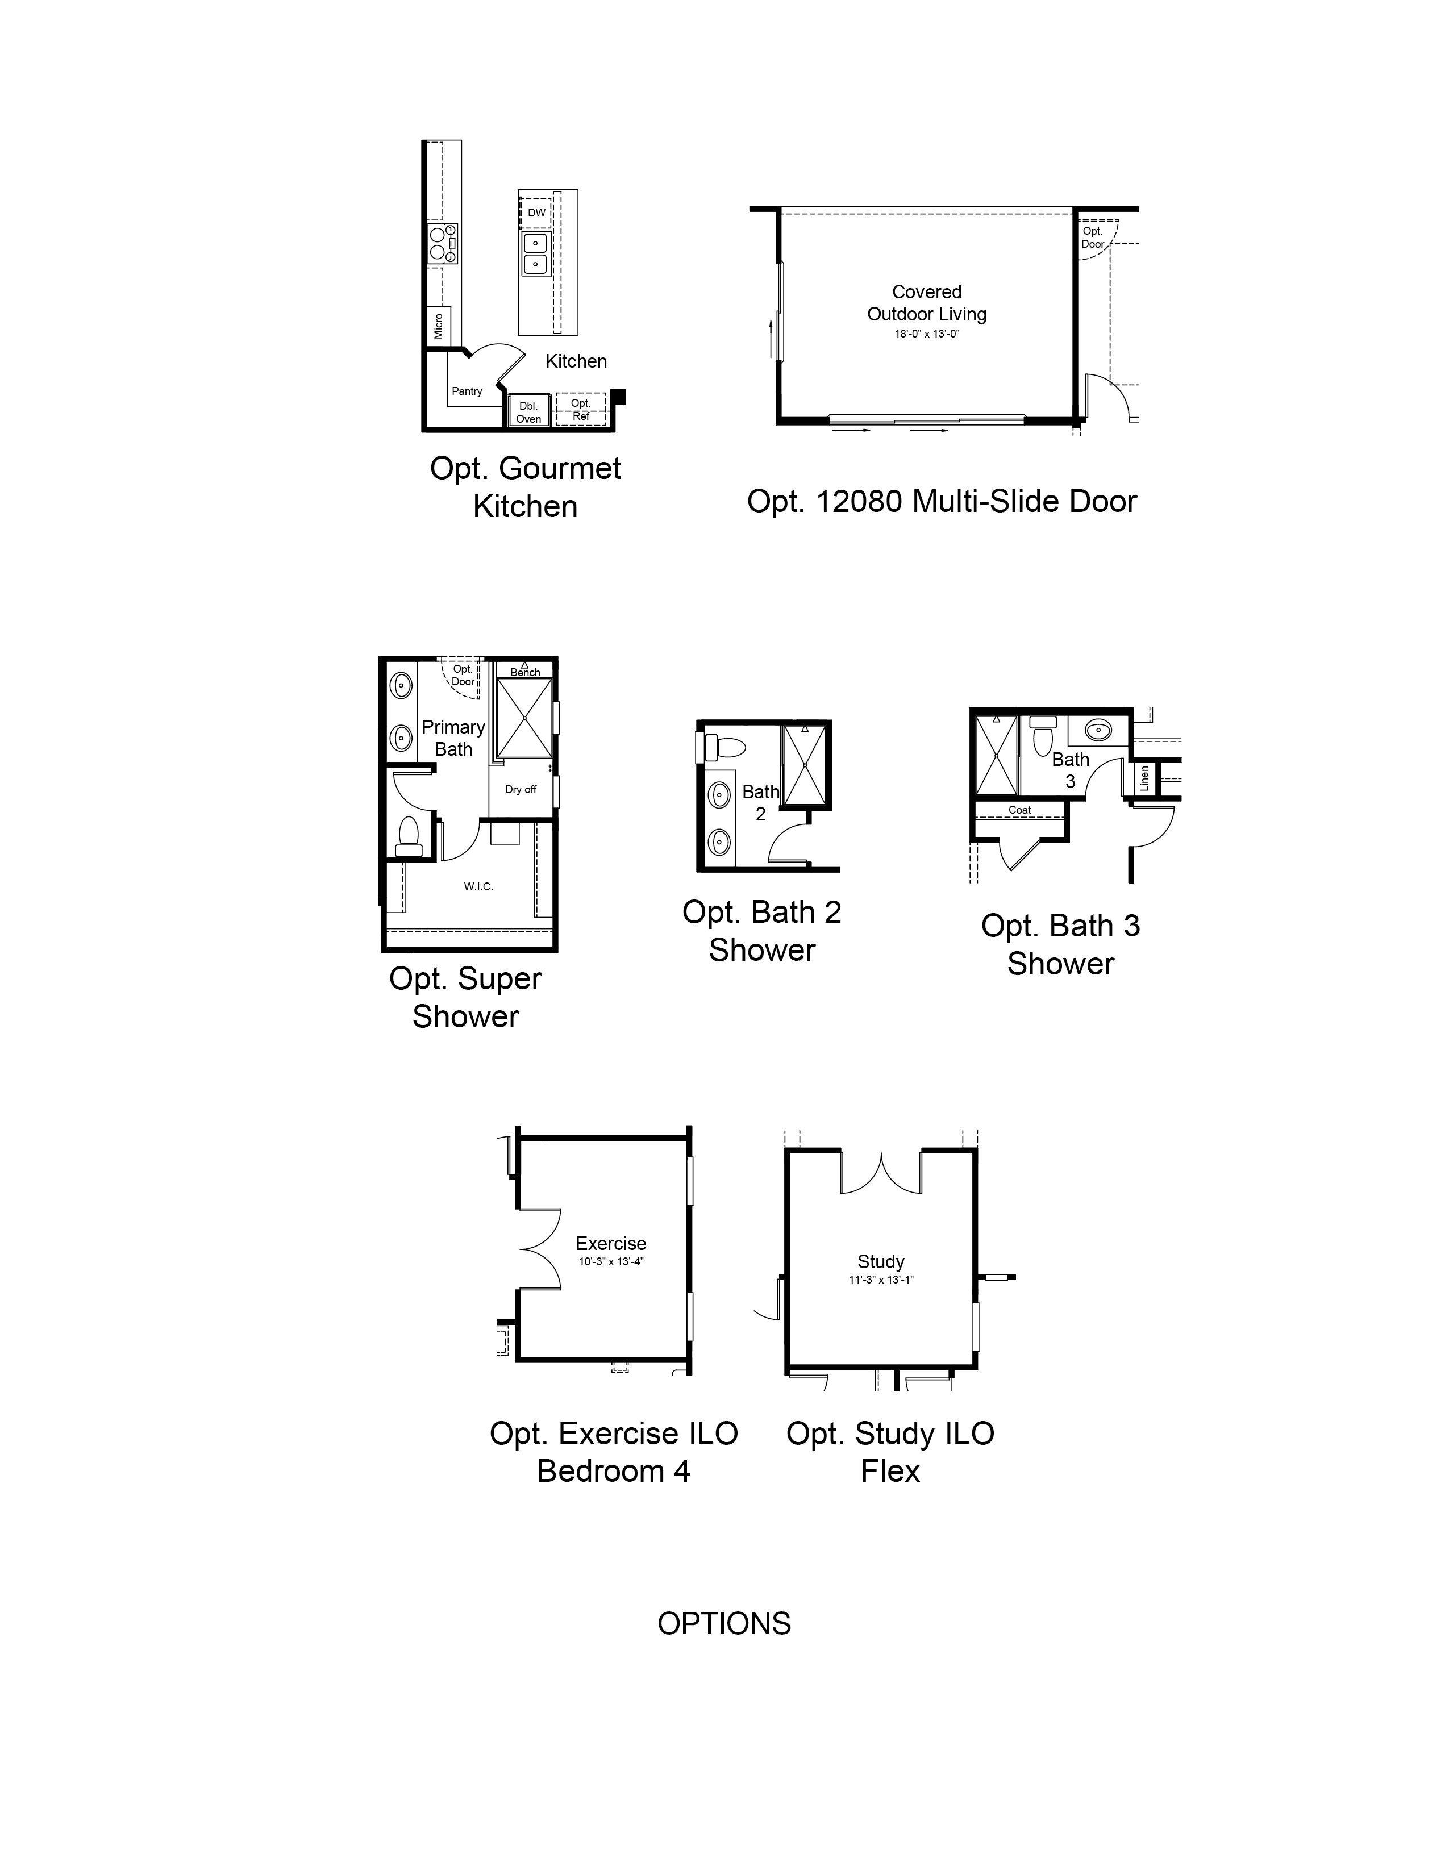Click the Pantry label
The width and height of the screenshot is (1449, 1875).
467,391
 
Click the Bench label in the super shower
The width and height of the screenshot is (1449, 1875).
526,672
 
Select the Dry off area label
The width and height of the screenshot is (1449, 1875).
521,790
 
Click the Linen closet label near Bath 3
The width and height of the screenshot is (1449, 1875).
1144,778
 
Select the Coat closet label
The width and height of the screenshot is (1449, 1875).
1020,810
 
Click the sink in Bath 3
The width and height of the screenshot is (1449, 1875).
1098,731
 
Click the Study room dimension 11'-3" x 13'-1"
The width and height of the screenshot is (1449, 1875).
881,1279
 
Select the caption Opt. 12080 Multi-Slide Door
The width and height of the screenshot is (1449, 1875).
942,501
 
